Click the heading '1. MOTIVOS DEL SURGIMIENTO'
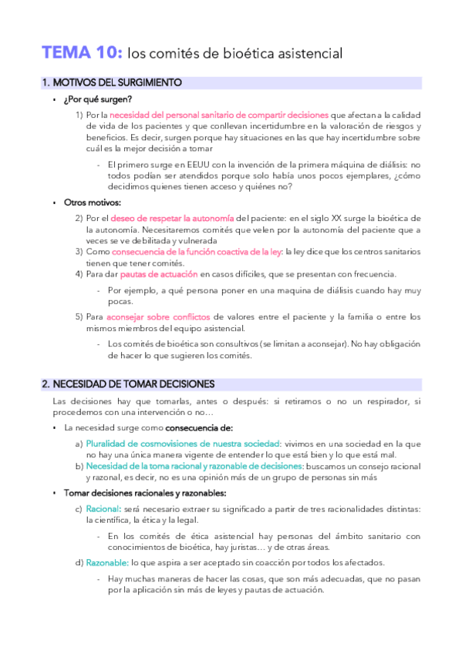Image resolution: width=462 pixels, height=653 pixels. click(112, 82)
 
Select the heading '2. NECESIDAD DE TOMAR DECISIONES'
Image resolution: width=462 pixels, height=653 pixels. click(128, 383)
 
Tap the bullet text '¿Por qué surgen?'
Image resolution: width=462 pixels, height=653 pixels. click(98, 99)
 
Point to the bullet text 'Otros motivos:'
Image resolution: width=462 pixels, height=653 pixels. click(93, 203)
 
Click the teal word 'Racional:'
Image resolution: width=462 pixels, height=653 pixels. click(101, 509)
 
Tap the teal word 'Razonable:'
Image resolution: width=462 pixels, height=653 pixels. click(106, 563)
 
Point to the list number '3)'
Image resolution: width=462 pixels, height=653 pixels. click(79, 252)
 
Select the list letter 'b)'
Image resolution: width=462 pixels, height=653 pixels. click(79, 466)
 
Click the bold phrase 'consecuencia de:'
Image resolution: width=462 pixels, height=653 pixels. click(199, 427)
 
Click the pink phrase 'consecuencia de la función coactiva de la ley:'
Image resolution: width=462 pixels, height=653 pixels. click(197, 252)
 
